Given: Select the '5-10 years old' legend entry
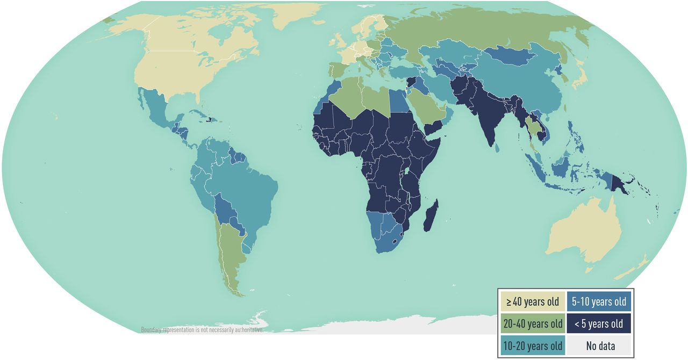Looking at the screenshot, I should coord(599,301).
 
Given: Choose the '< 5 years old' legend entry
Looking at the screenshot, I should coord(599,323).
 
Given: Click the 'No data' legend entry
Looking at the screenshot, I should coord(599,345).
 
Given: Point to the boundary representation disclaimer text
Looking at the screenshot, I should coord(202,329).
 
